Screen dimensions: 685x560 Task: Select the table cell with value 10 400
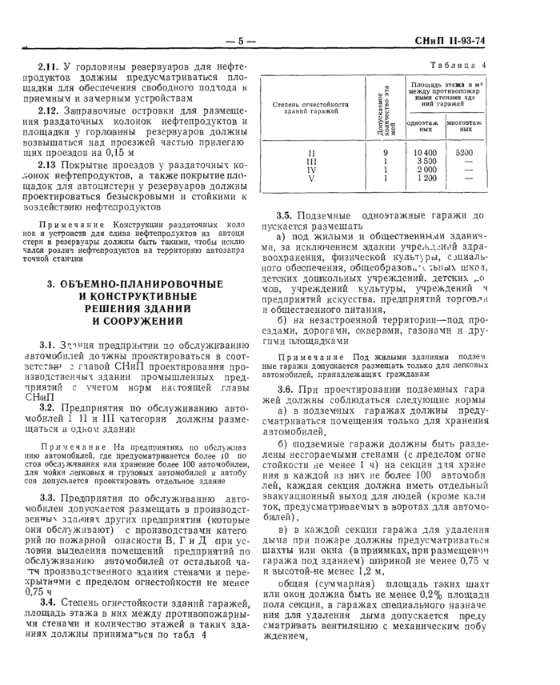[426, 151]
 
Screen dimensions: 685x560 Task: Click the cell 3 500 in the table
[426, 161]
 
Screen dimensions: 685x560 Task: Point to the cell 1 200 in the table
[426, 179]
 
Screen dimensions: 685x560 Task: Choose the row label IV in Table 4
[311, 170]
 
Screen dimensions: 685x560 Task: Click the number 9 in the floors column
[386, 151]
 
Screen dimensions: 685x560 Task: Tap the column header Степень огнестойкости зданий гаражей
[311, 107]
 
